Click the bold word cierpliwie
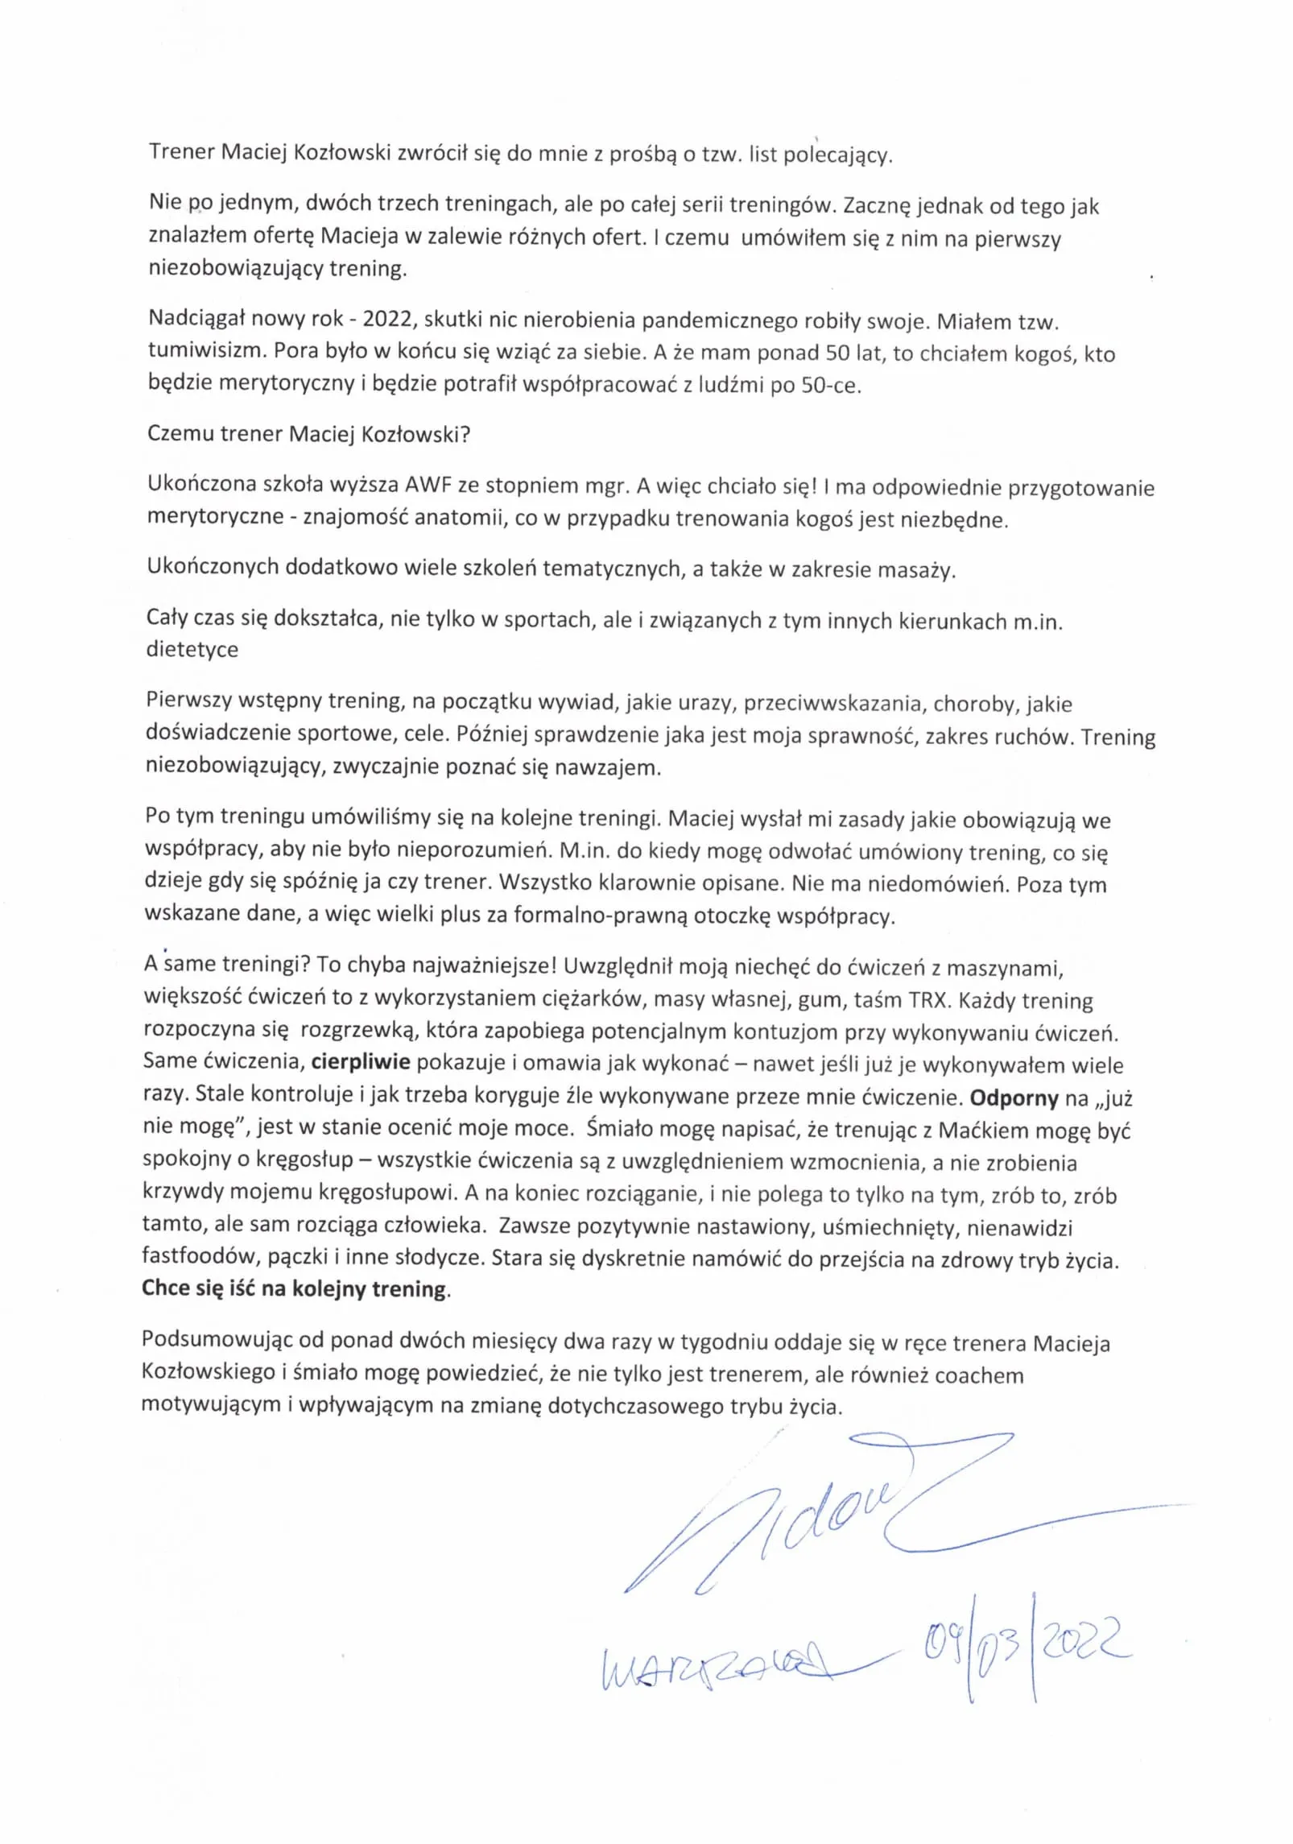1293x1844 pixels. click(361, 1061)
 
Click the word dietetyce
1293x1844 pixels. click(192, 650)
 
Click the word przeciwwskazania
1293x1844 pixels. click(832, 704)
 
